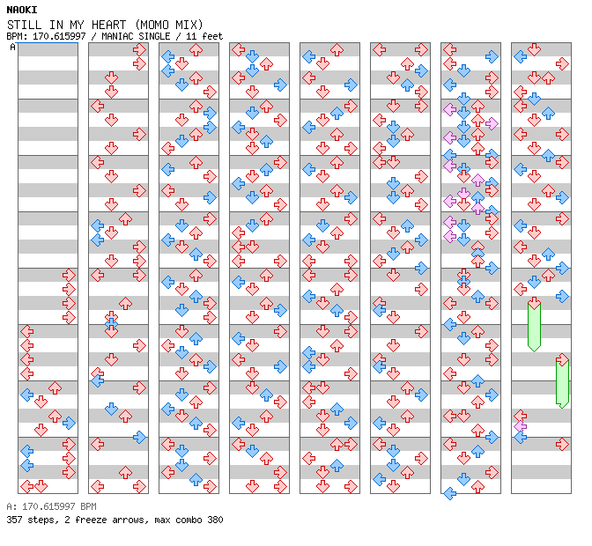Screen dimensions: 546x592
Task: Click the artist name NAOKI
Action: pyautogui.click(x=21, y=10)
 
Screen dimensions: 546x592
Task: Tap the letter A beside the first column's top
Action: pyautogui.click(x=13, y=48)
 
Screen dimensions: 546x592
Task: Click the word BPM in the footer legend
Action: pyautogui.click(x=87, y=507)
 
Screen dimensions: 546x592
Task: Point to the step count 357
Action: pyautogui.click(x=14, y=520)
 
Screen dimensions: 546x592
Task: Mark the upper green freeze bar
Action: pyautogui.click(x=534, y=326)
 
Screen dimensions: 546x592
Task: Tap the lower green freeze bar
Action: pyautogui.click(x=562, y=383)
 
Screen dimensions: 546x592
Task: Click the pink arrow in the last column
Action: pyautogui.click(x=521, y=425)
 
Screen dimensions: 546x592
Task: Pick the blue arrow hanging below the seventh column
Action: pyautogui.click(x=449, y=493)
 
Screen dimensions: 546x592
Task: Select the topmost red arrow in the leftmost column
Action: pyautogui.click(x=69, y=276)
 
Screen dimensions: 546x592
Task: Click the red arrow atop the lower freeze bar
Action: pyautogui.click(x=562, y=359)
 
